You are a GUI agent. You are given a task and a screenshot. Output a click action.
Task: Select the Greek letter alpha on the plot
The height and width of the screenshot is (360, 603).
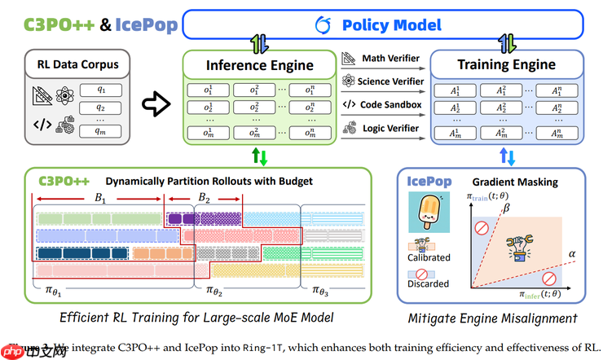point(572,254)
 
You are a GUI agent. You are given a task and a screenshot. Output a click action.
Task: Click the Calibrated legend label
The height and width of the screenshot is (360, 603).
point(428,257)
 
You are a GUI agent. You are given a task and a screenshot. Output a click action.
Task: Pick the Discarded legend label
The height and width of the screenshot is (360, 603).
point(428,284)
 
